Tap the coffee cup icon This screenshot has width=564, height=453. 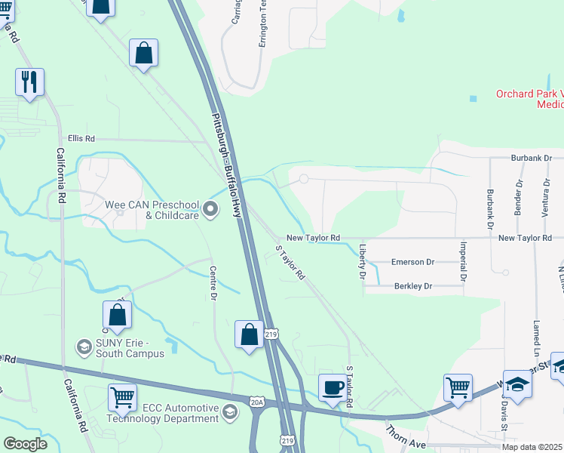(x=333, y=387)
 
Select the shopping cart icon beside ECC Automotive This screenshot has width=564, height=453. (x=122, y=396)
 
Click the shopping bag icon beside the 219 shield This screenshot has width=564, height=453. (x=249, y=334)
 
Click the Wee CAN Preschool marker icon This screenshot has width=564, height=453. (x=211, y=208)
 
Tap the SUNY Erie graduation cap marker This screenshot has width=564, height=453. (x=84, y=347)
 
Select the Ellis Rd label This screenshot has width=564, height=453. (x=81, y=139)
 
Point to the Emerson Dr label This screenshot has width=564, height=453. (x=412, y=262)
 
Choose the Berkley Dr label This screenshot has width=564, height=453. (x=412, y=286)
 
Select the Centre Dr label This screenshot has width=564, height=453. (x=213, y=283)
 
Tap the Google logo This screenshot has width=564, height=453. (x=25, y=444)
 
